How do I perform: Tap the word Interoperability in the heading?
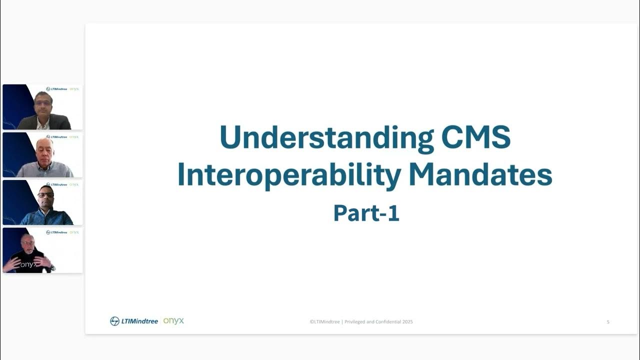(289, 175)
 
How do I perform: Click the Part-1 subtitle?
(366, 213)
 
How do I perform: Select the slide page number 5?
(608, 322)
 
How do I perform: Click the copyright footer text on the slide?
(361, 322)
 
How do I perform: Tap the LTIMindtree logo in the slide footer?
(134, 321)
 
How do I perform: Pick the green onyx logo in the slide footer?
(173, 320)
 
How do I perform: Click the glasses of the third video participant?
(45, 194)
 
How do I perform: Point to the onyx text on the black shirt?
(28, 264)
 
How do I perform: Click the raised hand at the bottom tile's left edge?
(10, 264)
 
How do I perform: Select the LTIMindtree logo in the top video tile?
(56, 89)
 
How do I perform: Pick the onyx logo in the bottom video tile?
(74, 232)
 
